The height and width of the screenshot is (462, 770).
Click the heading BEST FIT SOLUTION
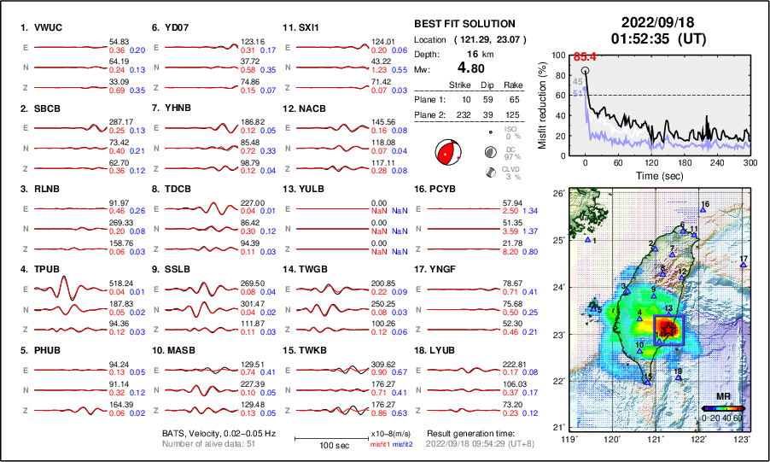(x=464, y=24)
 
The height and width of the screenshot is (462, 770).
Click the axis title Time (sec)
(x=655, y=174)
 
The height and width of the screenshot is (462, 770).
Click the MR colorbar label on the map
(x=722, y=396)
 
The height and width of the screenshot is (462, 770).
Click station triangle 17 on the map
(x=743, y=265)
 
